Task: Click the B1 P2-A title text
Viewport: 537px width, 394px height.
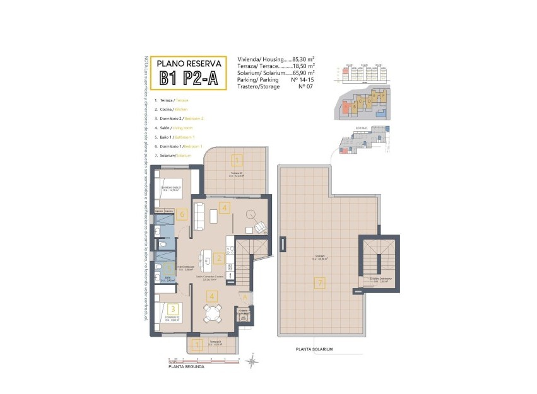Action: (189, 78)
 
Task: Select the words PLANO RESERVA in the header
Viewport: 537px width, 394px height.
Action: (189, 63)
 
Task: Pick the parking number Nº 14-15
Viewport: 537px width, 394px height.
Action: (302, 81)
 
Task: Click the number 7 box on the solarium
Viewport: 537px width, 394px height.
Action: (320, 283)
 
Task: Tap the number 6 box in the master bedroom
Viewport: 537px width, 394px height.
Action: (181, 214)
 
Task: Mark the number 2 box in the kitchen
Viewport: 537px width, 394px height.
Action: (218, 258)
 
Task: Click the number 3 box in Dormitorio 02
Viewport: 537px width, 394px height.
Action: (172, 309)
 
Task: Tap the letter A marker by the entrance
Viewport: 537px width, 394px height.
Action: (244, 299)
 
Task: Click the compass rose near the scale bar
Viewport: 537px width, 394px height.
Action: (252, 361)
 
